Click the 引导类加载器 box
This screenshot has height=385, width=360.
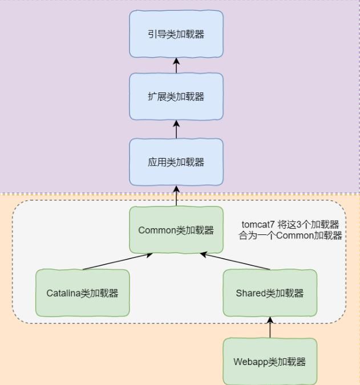[176, 34]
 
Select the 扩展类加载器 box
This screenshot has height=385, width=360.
[176, 96]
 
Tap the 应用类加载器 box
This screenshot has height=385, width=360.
[176, 162]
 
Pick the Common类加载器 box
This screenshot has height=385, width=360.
[176, 230]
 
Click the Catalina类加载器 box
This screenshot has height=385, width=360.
[82, 293]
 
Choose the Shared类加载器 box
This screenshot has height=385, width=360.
[269, 293]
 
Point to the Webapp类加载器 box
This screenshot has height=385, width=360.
[269, 362]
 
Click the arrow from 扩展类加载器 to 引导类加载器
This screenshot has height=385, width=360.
[176, 65]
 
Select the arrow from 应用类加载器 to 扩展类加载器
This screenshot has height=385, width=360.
[176, 129]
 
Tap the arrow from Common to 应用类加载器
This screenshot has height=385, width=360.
[176, 196]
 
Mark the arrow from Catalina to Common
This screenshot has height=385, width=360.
[117, 261]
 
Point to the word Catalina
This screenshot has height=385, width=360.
[63, 293]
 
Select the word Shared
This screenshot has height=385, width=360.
[250, 293]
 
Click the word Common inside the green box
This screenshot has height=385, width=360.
[157, 230]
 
